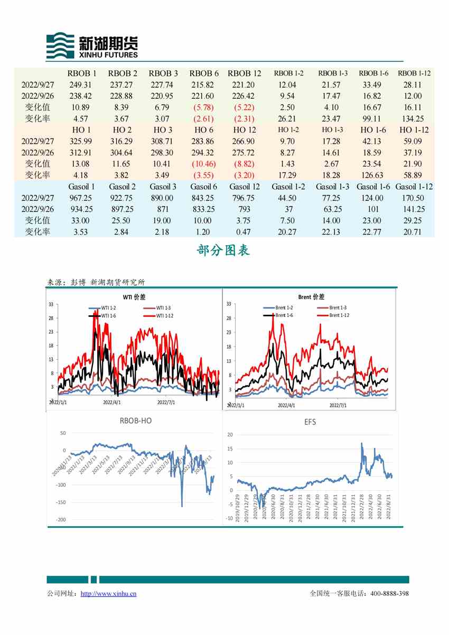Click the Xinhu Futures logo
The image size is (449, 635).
coord(92,45)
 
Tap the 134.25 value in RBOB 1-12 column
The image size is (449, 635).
coord(414,119)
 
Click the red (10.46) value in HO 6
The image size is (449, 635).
coord(204,164)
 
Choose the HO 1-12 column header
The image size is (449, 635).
coord(414,130)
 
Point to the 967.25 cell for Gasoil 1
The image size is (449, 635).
coord(80,198)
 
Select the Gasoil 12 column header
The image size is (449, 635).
coord(245,186)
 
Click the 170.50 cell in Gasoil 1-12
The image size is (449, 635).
coord(414,198)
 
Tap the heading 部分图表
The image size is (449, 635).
coord(223,250)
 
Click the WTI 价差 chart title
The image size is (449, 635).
coord(134,297)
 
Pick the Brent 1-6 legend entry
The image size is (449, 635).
coord(284,315)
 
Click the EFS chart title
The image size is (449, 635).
coord(311,422)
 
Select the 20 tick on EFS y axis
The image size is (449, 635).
coord(230,434)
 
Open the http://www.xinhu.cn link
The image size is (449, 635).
coord(108,593)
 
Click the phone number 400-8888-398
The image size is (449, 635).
coord(389,593)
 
